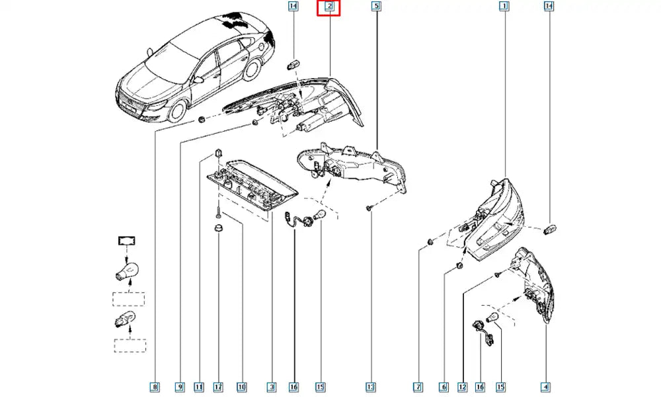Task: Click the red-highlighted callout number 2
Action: coord(329,8)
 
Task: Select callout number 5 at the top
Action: coord(376,7)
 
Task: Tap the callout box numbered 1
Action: coord(504,7)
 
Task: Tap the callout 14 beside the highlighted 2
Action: coord(293,7)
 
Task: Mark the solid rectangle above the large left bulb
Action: coord(126,240)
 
